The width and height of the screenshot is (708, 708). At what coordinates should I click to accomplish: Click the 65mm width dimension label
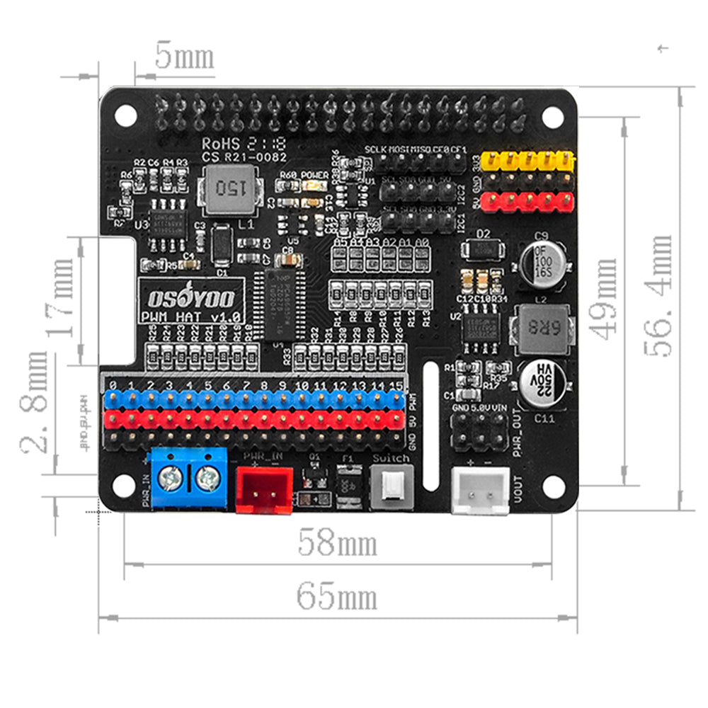point(336,598)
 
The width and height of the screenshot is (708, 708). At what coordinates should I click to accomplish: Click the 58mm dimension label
point(337,544)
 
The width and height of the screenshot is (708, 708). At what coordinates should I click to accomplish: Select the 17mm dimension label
point(59,298)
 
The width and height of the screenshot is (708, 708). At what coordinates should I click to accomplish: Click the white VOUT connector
point(481,489)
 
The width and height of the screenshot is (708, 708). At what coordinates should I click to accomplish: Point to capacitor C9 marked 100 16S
point(542,262)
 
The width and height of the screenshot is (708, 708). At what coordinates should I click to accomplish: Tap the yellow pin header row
point(527,161)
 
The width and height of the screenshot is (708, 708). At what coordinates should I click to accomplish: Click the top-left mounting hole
point(125,115)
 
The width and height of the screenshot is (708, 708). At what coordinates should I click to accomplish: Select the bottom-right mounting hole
point(553,486)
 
